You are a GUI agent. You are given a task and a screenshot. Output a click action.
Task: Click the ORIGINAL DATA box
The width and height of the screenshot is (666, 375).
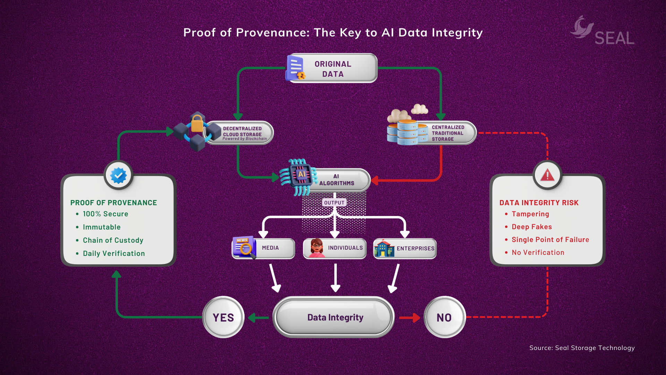332,68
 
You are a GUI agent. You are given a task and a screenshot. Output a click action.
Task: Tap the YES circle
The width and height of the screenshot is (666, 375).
223,317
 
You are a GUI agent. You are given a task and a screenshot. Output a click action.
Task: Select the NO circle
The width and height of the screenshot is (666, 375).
444,317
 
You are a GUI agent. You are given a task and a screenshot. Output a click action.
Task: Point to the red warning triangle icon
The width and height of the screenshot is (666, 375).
547,175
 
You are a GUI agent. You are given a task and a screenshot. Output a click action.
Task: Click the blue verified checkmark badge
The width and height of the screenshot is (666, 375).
118,175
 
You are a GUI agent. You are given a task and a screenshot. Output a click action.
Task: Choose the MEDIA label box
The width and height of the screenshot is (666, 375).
264,248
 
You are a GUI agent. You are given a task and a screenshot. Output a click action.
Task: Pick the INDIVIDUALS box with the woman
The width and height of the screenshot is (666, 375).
335,248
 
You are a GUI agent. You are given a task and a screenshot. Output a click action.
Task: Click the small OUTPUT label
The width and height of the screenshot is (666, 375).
334,203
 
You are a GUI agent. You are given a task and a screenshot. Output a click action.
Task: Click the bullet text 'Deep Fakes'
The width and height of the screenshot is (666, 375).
531,227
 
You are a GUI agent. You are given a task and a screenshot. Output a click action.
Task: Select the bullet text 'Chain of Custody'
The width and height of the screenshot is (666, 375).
113,240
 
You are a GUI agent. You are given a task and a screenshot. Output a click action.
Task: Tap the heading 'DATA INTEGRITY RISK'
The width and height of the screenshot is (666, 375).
539,203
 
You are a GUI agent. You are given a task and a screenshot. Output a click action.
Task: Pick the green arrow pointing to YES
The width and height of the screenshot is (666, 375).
258,317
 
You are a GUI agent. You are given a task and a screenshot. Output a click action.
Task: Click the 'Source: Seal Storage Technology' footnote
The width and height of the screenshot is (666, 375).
582,348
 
